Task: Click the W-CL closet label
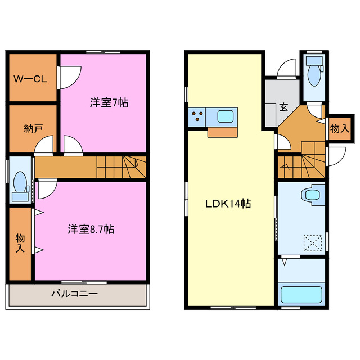30,79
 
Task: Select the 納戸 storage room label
33,128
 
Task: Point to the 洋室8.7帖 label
91,229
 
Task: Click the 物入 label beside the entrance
340,129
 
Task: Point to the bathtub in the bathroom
302,295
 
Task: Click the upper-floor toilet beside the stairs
19,183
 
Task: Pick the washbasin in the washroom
311,194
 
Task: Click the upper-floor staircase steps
120,166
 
